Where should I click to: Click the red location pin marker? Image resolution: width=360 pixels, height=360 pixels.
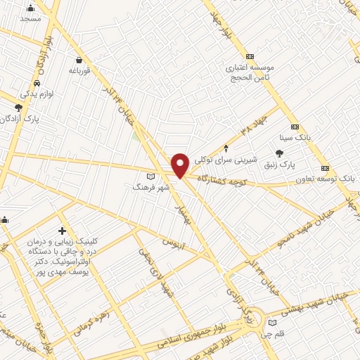point(180,164)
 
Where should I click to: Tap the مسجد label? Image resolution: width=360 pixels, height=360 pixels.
point(30,18)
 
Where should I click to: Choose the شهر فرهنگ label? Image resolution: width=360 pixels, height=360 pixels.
point(149,188)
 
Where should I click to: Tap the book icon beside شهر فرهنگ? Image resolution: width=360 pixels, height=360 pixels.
point(149,176)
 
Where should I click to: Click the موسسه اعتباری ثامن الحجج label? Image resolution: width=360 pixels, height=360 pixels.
point(249,72)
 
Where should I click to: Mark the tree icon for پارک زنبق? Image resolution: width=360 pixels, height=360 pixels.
point(280,153)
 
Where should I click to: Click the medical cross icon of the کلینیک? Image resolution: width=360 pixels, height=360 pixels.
point(63,231)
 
